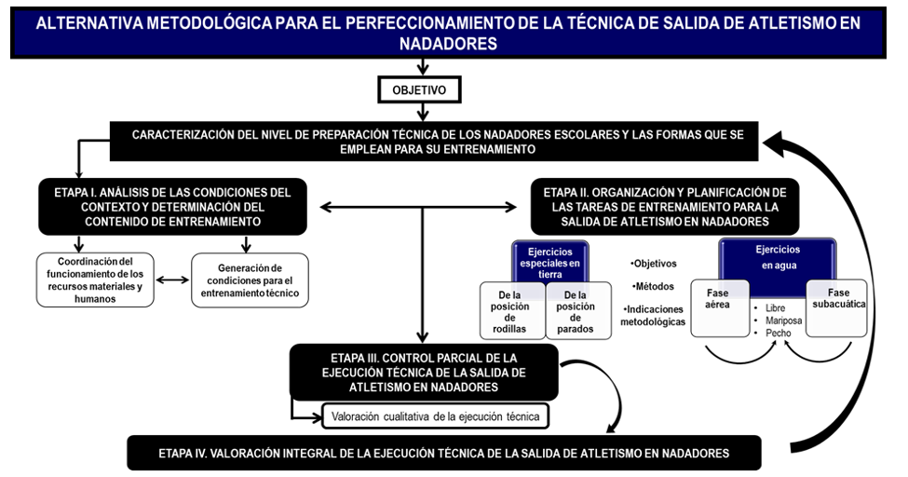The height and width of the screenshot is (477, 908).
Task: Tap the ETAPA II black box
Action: (x=664, y=207)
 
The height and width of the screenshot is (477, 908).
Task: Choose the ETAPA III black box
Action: (x=424, y=372)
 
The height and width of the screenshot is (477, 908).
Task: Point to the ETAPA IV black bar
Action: (x=443, y=454)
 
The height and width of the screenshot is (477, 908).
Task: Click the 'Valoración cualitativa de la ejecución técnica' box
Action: (x=435, y=416)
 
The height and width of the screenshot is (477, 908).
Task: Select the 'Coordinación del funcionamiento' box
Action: (x=95, y=279)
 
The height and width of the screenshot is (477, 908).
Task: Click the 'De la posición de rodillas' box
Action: (x=509, y=311)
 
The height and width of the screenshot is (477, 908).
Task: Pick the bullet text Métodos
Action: (x=654, y=286)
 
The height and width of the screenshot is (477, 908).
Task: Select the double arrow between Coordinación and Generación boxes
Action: (x=172, y=279)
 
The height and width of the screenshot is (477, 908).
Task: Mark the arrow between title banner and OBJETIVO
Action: (x=423, y=67)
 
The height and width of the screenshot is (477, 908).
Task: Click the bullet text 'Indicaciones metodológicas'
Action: (x=653, y=315)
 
